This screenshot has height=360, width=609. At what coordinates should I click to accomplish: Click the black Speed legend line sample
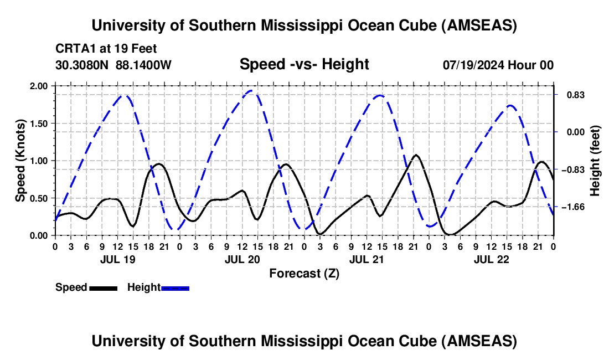(x=103, y=288)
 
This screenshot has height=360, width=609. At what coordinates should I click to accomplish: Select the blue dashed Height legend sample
(x=175, y=288)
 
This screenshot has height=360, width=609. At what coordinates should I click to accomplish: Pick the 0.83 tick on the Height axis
(x=571, y=95)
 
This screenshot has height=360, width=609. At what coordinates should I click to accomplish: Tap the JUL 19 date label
(x=117, y=259)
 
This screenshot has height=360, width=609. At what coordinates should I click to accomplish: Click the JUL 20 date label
(x=242, y=259)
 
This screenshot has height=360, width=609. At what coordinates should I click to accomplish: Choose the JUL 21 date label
(x=367, y=259)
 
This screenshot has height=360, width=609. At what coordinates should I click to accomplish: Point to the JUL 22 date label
(x=491, y=259)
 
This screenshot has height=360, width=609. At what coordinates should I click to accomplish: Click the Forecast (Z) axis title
(x=304, y=273)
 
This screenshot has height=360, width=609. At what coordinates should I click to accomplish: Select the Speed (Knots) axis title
(x=20, y=160)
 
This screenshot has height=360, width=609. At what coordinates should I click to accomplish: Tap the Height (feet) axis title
(x=595, y=160)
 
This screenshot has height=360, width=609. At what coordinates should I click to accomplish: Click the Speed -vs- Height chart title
(x=304, y=64)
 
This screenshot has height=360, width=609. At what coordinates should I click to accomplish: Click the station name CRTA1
(x=74, y=48)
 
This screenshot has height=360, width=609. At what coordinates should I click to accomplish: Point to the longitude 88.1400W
(x=144, y=65)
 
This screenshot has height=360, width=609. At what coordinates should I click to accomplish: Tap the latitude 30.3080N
(x=83, y=65)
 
